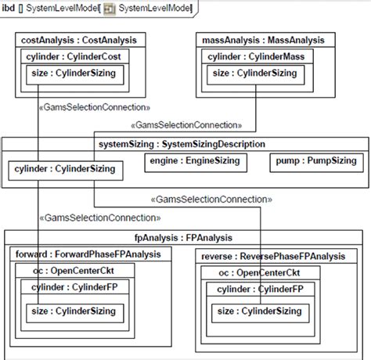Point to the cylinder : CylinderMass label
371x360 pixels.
(x=254, y=57)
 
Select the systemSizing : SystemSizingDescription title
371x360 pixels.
(x=182, y=144)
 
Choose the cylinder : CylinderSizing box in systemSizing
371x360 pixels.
(x=64, y=168)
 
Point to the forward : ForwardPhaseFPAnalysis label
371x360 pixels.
(x=88, y=254)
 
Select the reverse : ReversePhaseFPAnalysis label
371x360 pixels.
(x=272, y=256)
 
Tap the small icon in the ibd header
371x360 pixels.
(x=110, y=9)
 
